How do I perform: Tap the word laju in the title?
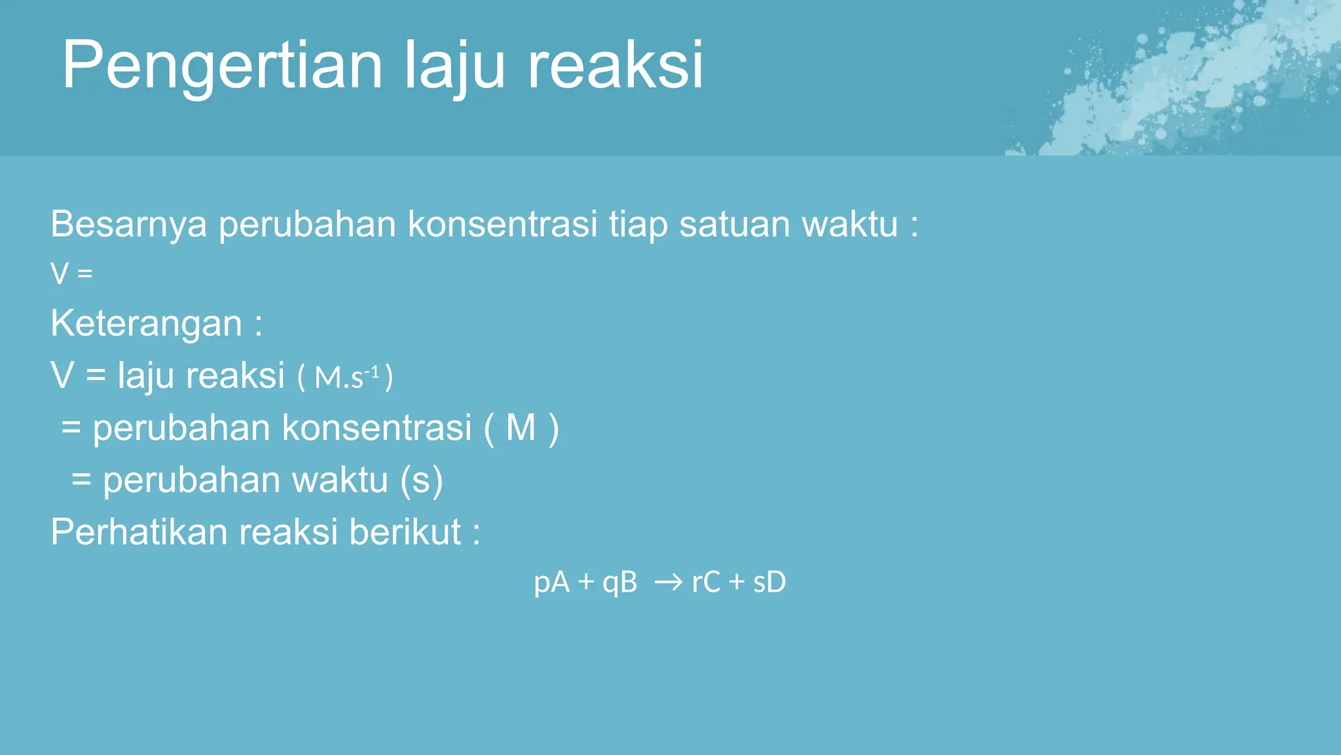454,66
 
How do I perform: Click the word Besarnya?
129,224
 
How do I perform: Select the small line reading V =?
72,273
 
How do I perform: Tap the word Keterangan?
147,324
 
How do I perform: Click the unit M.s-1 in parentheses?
346,377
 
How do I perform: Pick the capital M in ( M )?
521,428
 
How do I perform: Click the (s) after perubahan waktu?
422,480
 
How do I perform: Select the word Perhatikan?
139,532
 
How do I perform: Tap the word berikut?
405,532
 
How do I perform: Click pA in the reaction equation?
551,582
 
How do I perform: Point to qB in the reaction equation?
619,582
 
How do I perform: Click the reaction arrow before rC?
669,582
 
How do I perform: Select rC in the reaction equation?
706,582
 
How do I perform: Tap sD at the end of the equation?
769,582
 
